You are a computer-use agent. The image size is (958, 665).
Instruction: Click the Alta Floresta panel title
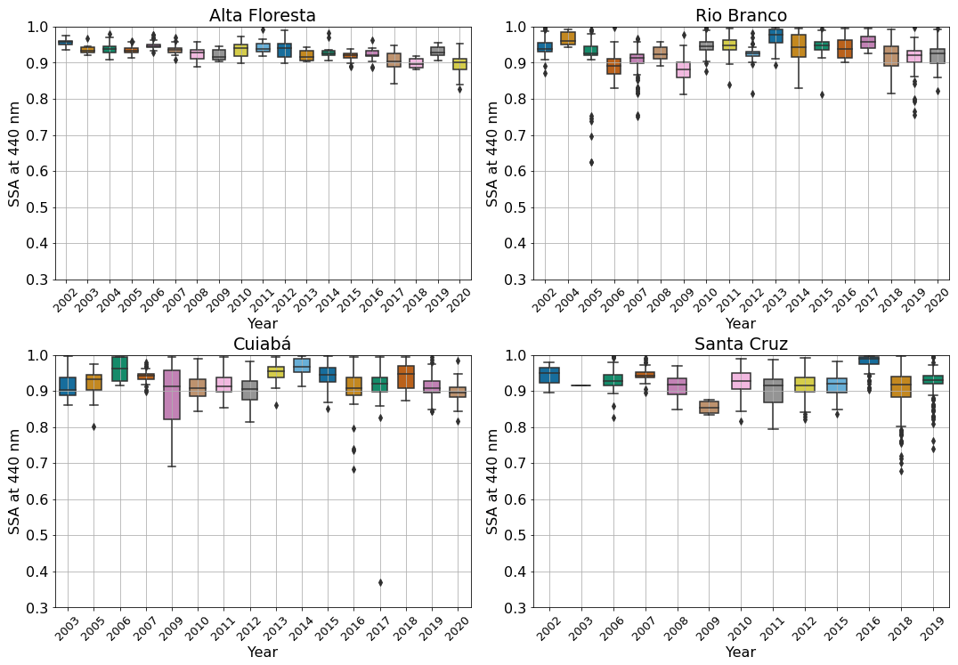(263, 15)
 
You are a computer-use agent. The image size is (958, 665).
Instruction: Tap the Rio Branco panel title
(741, 15)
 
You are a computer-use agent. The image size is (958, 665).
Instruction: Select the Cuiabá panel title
(263, 345)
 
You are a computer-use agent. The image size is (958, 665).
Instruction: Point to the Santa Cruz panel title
(741, 345)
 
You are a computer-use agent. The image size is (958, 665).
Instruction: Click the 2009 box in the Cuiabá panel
(172, 394)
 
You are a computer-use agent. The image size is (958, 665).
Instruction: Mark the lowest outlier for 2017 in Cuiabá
(380, 582)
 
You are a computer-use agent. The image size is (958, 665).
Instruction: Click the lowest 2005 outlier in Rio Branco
(566, 162)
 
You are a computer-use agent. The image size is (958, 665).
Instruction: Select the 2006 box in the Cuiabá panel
(120, 369)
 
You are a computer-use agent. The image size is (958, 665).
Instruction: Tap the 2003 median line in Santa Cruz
(580, 385)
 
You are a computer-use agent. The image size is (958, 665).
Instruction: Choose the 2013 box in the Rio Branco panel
(775, 36)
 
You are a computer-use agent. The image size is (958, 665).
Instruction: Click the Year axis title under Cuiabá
(263, 653)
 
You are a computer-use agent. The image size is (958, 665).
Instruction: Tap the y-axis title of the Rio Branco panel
(492, 153)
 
